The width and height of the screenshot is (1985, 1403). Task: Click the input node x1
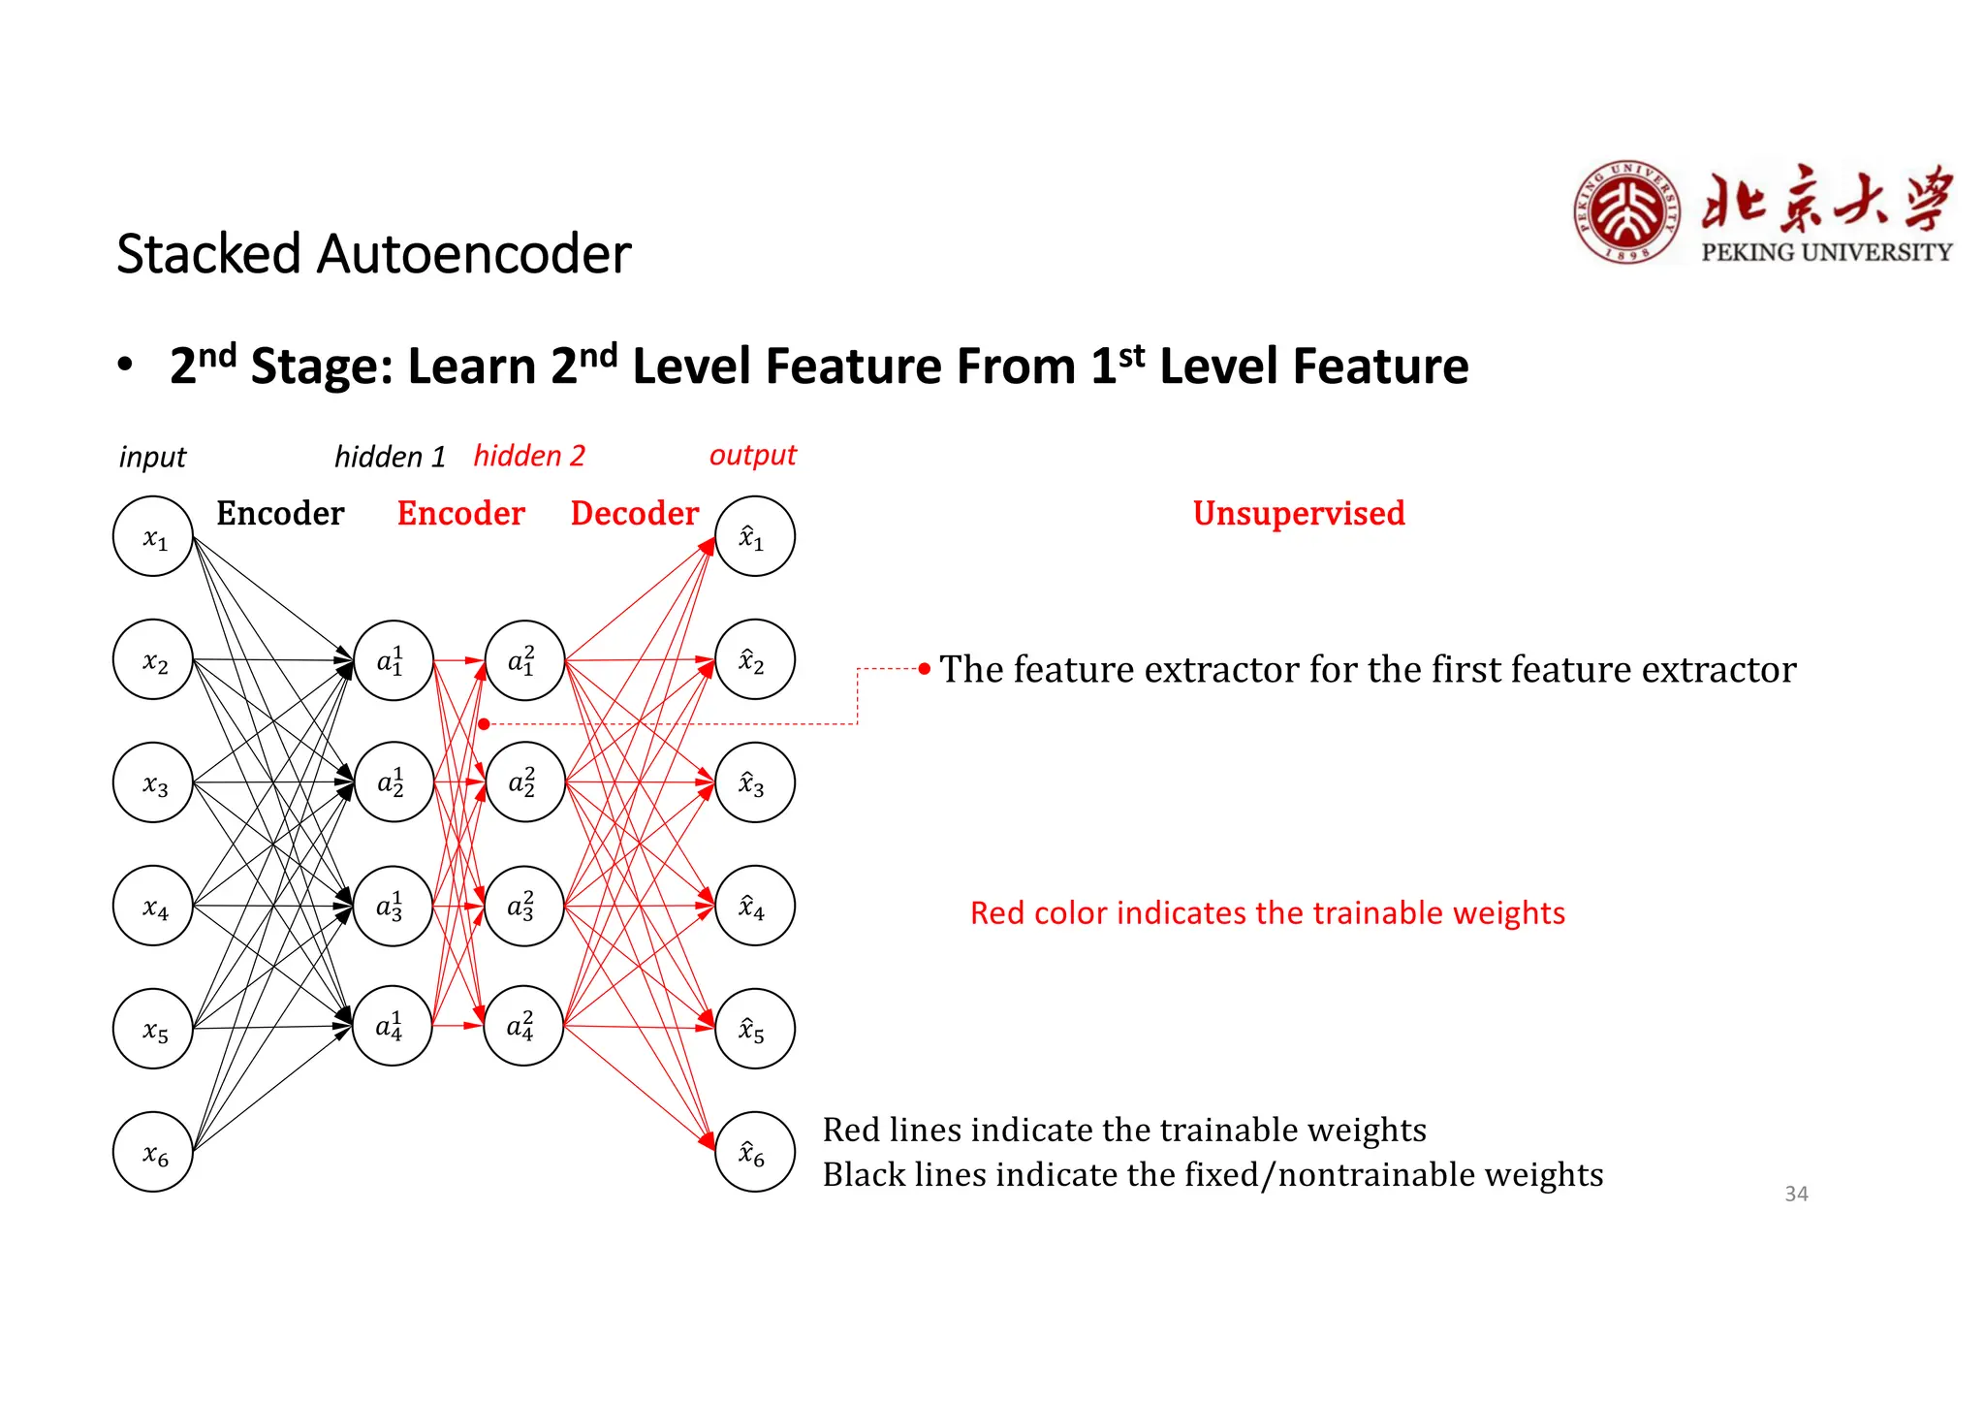(153, 536)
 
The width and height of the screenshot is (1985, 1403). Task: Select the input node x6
(153, 1151)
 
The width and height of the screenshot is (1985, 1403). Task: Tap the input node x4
(153, 906)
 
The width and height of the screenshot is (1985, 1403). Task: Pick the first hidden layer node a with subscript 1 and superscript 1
(393, 660)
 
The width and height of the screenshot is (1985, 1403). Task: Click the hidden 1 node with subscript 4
(392, 1026)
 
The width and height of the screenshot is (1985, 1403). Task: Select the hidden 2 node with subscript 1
(524, 660)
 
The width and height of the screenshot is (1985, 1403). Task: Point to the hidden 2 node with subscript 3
(523, 906)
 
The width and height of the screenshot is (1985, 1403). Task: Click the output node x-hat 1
(754, 536)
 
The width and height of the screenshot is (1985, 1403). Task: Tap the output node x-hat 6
(754, 1151)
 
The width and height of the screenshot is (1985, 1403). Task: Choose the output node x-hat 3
(754, 782)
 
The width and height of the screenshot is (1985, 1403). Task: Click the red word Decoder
(634, 513)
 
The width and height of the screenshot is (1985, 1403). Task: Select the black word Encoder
(280, 513)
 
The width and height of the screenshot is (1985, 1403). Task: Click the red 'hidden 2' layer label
(529, 456)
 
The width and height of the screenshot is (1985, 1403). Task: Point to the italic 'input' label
(152, 457)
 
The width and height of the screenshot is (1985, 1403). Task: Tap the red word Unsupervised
(1299, 513)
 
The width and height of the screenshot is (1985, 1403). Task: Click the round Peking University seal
(1628, 212)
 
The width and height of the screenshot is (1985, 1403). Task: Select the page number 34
(1796, 1194)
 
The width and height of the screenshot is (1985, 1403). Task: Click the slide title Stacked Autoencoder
(373, 254)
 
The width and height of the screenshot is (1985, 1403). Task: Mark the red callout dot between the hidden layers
(484, 723)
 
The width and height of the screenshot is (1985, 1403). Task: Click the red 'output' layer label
(752, 455)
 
